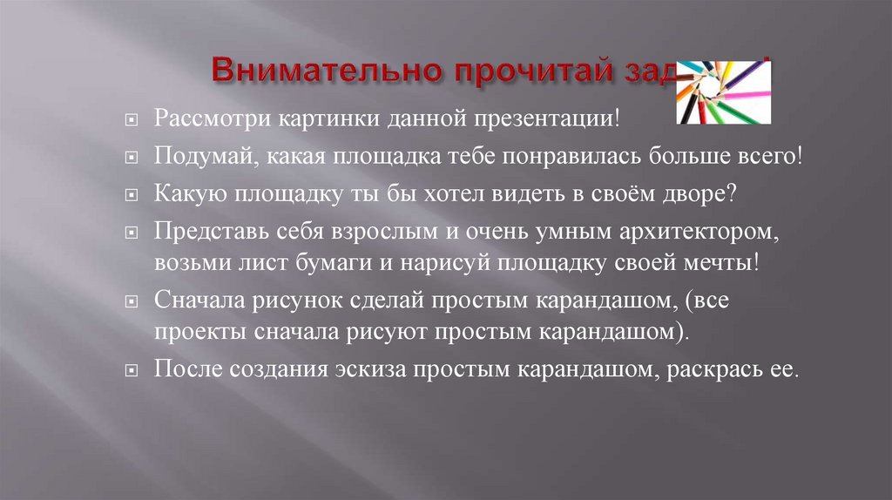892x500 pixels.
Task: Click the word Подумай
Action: pos(194,156)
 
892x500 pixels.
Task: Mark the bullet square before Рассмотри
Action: pos(131,119)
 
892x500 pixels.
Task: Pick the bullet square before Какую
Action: pos(131,195)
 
